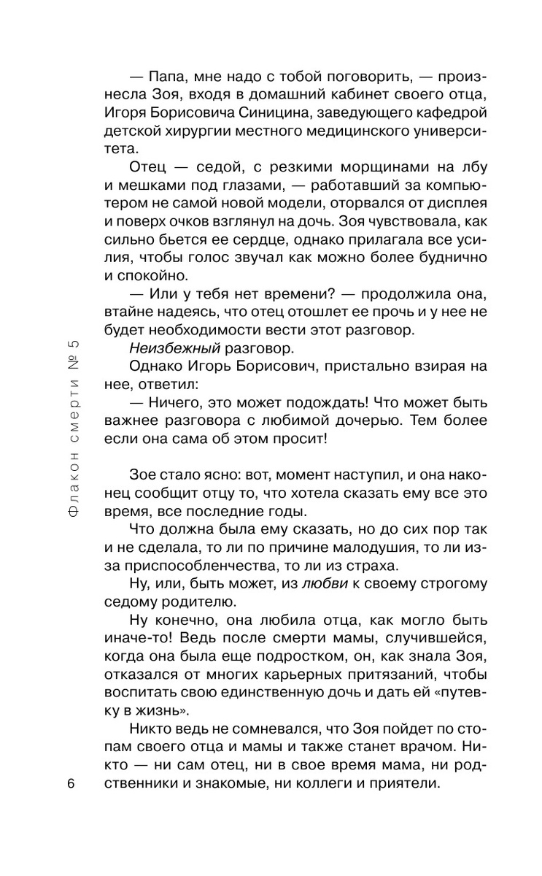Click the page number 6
(71, 784)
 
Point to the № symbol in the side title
(71, 363)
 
